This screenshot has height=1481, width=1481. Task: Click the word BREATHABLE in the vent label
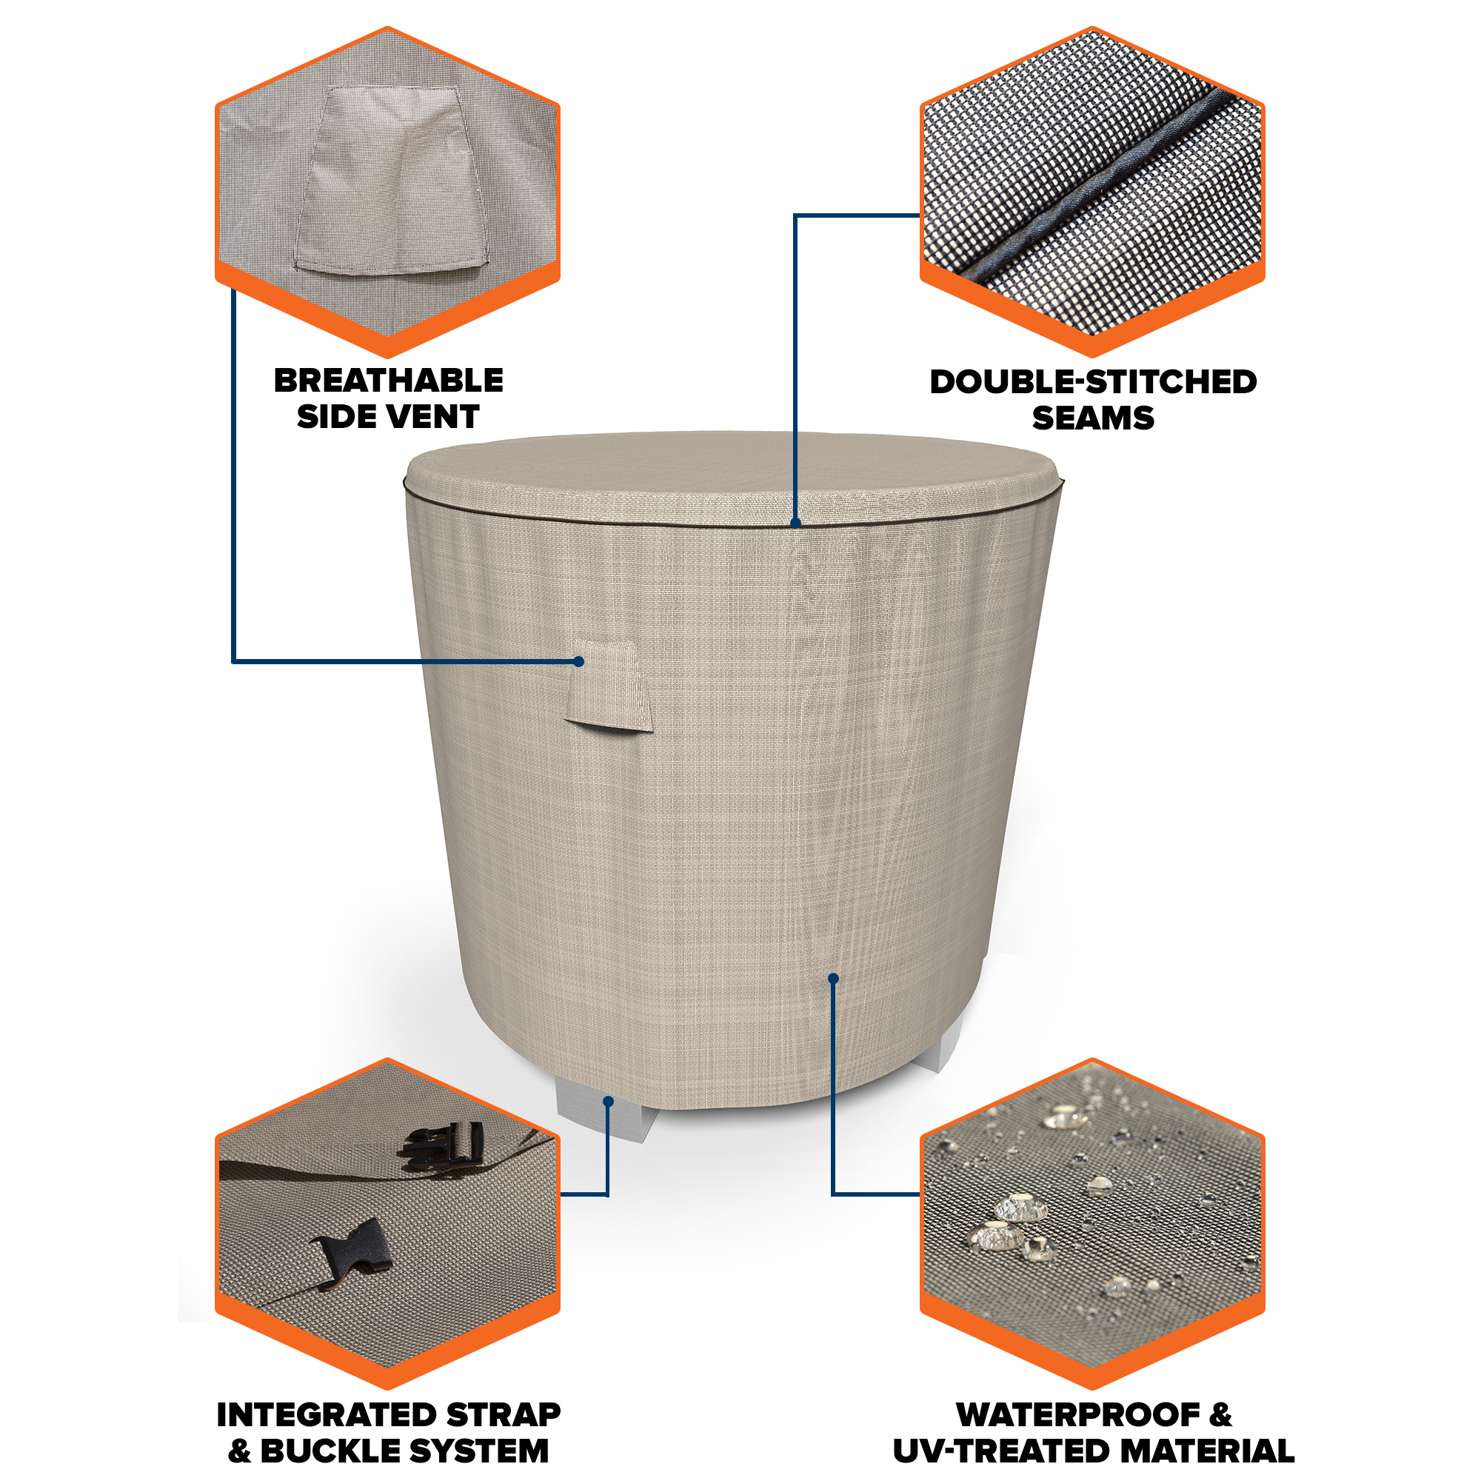[x=389, y=380]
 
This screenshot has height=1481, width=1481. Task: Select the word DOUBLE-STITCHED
[x=1093, y=382]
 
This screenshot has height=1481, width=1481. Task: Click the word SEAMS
[x=1093, y=418]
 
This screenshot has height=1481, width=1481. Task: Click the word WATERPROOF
[x=1079, y=1415]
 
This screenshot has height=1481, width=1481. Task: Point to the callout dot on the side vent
[x=580, y=661]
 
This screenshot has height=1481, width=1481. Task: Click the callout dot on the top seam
[x=796, y=524]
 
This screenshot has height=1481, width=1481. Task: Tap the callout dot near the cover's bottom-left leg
[x=608, y=1102]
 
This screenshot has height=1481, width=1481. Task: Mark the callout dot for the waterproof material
[x=833, y=978]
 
